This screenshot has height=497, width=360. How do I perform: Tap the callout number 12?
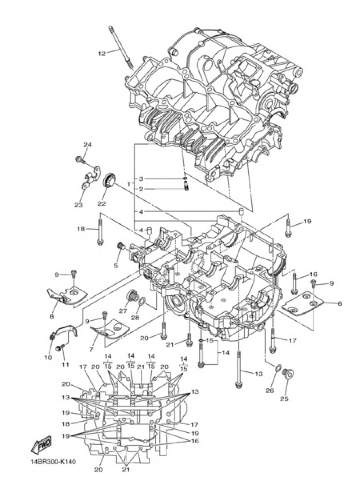tap(102, 54)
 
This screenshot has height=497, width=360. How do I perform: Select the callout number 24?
tap(87, 144)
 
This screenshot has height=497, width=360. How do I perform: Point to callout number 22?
tap(102, 203)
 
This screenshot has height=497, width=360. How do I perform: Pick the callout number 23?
tap(78, 205)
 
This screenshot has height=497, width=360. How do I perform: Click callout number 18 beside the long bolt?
tap(81, 229)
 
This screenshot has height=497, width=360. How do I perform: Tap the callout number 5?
tap(116, 265)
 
